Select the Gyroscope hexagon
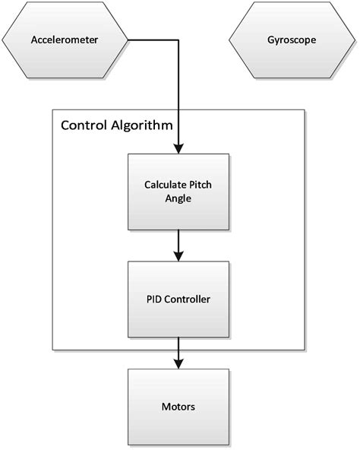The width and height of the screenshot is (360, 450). coord(291,40)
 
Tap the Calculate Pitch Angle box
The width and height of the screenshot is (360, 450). coord(178,192)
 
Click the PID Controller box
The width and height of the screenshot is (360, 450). coord(178,299)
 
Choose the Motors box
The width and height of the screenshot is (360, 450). coord(178,407)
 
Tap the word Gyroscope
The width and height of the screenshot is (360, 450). coord(291,40)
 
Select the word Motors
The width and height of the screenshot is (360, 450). coord(178,407)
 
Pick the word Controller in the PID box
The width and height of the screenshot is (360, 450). coord(186,299)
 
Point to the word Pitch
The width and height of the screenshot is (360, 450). coord(201,185)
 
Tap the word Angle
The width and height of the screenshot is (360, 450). coord(178,199)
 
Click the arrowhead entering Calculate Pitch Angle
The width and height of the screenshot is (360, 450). coord(178,149)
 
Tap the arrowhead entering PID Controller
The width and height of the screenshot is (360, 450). coord(178,256)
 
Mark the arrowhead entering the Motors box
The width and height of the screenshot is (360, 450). coord(178,363)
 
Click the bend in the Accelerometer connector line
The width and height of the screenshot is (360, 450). coord(178,40)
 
